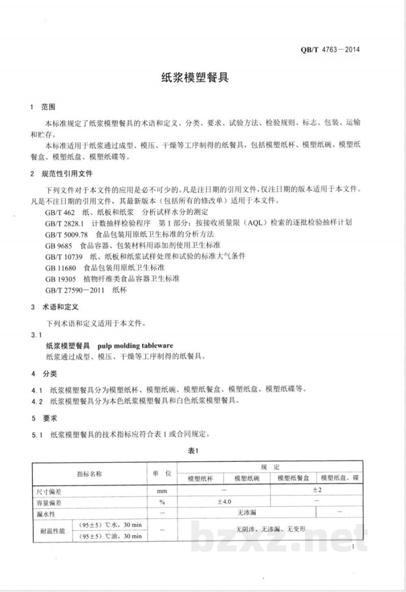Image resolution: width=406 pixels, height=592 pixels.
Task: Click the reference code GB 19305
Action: pyautogui.click(x=60, y=278)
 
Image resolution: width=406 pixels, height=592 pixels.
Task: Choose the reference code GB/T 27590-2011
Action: pyautogui.click(x=74, y=290)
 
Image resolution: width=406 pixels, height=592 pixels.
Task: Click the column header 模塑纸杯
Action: pyautogui.click(x=200, y=478)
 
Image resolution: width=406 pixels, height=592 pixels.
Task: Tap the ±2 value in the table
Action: pyautogui.click(x=317, y=490)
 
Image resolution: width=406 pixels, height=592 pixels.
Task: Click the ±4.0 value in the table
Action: pyautogui.click(x=224, y=502)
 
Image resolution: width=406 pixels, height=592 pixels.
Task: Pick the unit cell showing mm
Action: pyautogui.click(x=162, y=491)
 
